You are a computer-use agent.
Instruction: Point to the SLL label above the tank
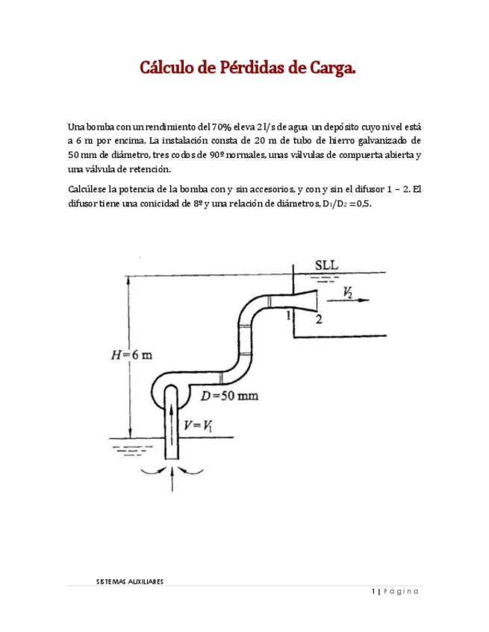(x=327, y=265)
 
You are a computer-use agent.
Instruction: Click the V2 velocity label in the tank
(x=349, y=293)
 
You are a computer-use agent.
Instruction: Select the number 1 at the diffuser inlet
(x=287, y=316)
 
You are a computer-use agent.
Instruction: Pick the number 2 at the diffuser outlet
(x=318, y=320)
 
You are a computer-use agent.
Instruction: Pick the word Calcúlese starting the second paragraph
(x=88, y=189)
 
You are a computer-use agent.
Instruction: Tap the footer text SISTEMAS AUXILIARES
(x=130, y=582)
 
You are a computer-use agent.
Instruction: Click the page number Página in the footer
(x=399, y=592)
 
